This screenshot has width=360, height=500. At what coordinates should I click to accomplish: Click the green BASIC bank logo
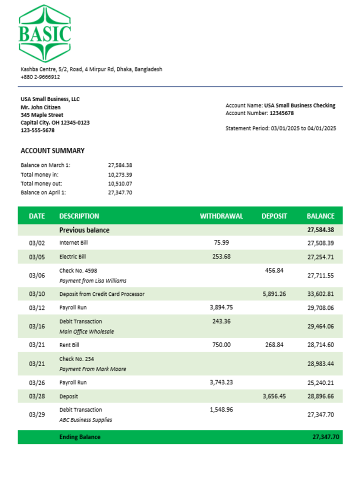click(44, 33)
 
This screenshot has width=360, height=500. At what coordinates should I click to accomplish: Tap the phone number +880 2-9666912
click(40, 77)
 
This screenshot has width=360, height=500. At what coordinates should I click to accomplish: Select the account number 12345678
click(281, 113)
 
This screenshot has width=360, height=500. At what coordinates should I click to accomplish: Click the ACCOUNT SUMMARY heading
click(52, 150)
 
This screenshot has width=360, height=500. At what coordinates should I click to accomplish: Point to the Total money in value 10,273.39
click(120, 174)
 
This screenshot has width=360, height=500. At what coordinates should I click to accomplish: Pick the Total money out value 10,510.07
click(120, 183)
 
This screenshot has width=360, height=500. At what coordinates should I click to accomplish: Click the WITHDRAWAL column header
click(221, 216)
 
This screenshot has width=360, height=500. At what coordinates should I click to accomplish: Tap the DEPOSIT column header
click(274, 216)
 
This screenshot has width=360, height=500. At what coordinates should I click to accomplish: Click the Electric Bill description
click(72, 256)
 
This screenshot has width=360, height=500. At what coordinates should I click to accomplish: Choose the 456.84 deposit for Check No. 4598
click(274, 270)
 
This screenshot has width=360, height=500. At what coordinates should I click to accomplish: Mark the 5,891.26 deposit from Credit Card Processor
click(274, 294)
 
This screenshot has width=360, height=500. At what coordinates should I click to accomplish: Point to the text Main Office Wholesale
click(86, 331)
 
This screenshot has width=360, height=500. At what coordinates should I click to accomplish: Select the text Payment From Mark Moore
click(92, 369)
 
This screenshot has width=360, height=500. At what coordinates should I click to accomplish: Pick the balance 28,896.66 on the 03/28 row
click(320, 396)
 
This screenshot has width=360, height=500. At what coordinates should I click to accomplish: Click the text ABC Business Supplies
click(85, 420)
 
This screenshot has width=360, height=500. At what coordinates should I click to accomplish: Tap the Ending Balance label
click(80, 437)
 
